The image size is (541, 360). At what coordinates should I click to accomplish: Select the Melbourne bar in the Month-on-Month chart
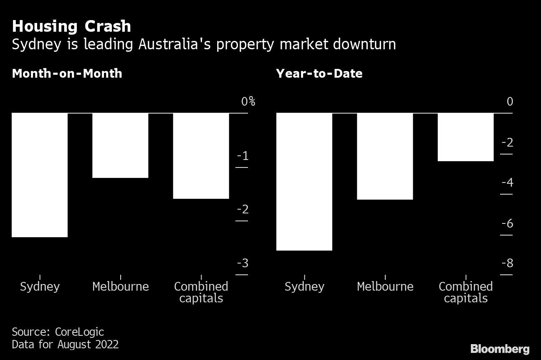(x=120, y=145)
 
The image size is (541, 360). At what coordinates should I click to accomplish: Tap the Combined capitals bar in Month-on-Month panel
(x=201, y=155)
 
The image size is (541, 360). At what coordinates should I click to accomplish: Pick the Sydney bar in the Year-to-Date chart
(x=304, y=181)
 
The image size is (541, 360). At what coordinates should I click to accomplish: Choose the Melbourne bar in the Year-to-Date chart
(x=385, y=156)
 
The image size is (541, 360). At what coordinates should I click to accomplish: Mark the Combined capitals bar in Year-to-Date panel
(x=465, y=137)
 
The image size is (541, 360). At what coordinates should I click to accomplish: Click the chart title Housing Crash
(x=71, y=26)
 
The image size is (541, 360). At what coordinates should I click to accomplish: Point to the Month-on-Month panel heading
(x=67, y=74)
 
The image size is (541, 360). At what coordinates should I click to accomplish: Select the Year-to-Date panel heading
(x=319, y=74)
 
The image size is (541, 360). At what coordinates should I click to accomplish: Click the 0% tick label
(x=248, y=101)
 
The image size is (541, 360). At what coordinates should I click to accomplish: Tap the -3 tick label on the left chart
(x=243, y=263)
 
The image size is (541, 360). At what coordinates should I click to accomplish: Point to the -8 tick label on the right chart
(x=507, y=263)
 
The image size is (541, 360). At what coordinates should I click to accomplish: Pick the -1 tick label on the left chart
(x=243, y=156)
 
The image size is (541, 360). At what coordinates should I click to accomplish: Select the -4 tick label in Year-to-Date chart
(x=507, y=183)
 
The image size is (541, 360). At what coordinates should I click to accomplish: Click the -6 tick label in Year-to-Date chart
(x=507, y=223)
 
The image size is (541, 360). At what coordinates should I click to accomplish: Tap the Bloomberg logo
(x=500, y=349)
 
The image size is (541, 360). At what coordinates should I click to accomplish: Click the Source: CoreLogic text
(x=58, y=332)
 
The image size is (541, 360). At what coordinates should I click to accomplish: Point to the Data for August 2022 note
(x=65, y=345)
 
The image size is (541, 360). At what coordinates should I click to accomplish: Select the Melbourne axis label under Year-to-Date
(x=385, y=286)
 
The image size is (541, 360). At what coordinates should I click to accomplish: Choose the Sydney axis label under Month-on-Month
(x=40, y=286)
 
